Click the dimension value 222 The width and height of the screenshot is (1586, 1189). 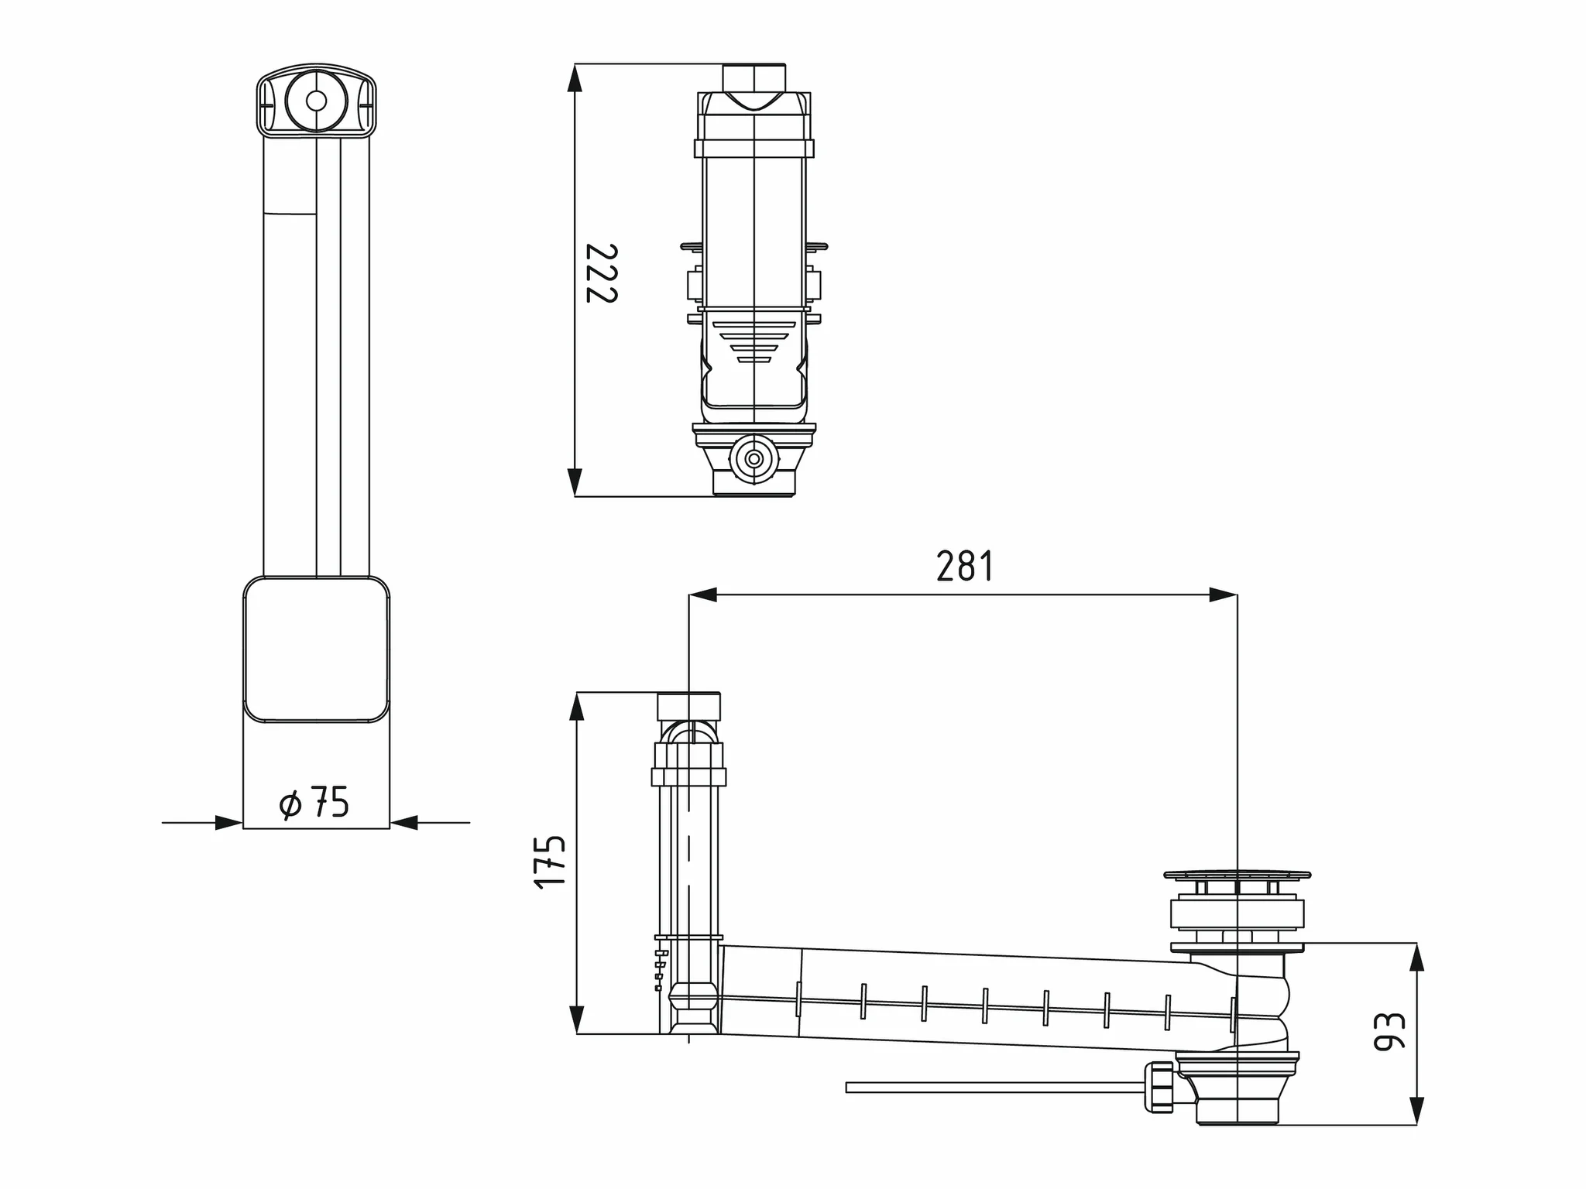[601, 273]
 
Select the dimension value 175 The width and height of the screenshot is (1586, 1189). [551, 862]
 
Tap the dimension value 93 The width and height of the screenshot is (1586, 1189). [1389, 1031]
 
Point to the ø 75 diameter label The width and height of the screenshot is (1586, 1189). [314, 803]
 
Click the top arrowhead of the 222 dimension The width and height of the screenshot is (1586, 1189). [574, 77]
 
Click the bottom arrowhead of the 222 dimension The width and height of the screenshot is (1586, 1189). [574, 481]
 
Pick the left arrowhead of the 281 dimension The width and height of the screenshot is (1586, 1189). [702, 594]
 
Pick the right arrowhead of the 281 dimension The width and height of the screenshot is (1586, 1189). [1223, 594]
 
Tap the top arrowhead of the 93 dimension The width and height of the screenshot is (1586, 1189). [1416, 957]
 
